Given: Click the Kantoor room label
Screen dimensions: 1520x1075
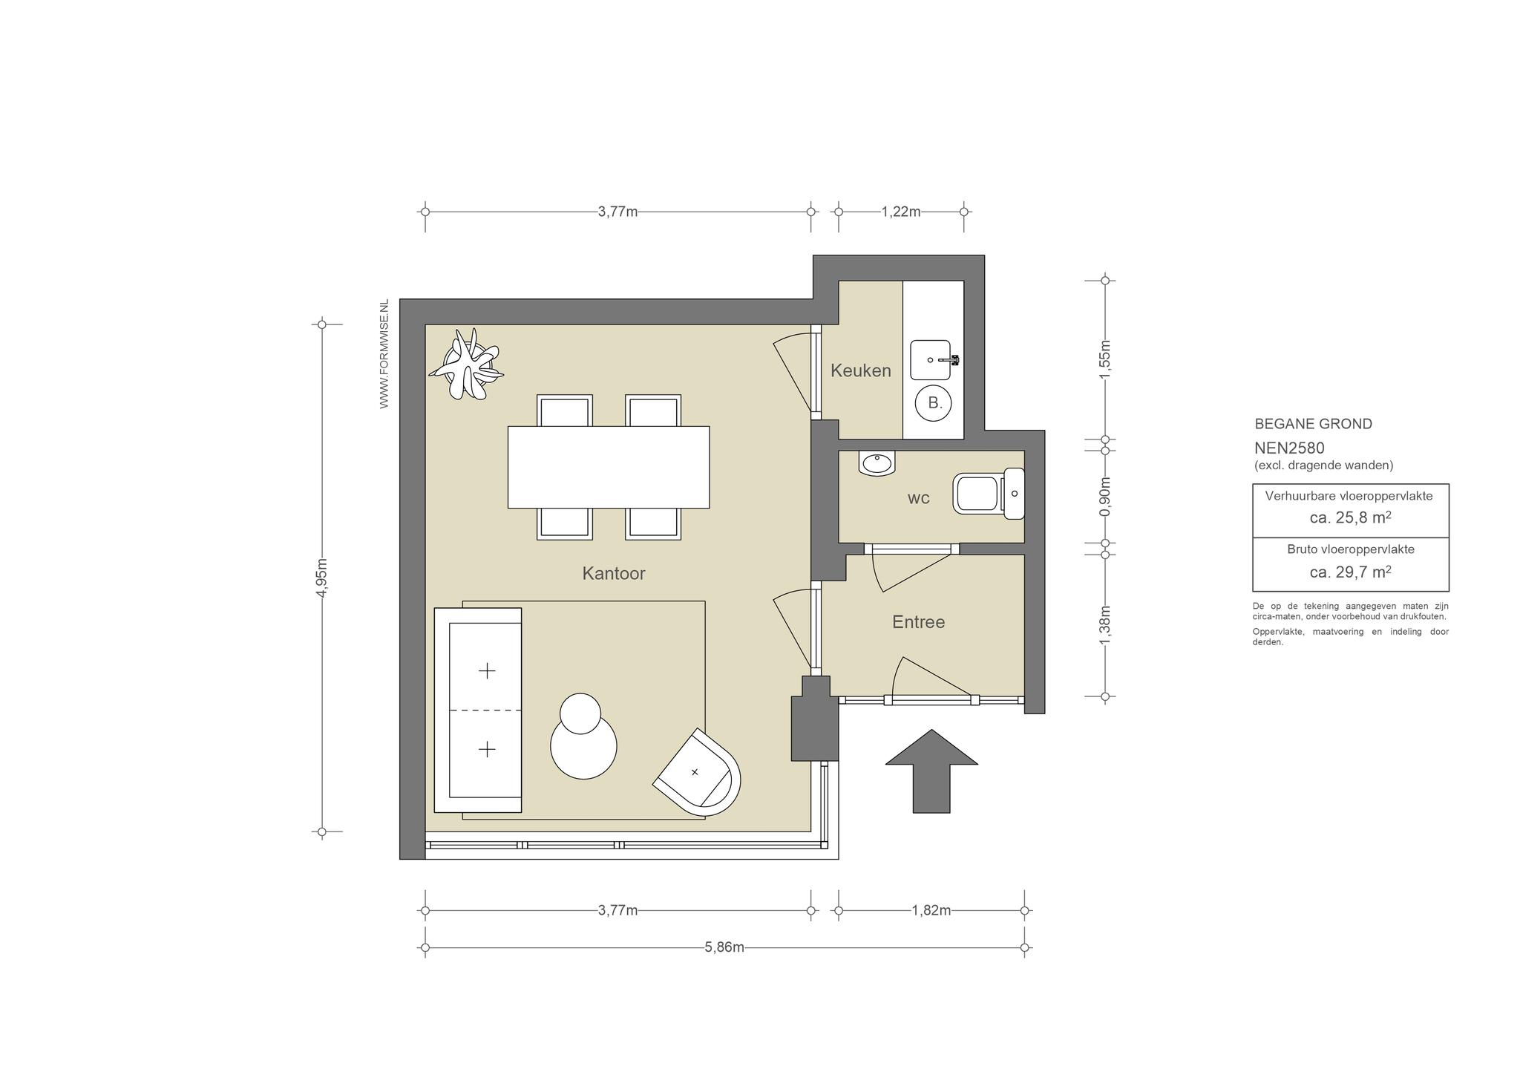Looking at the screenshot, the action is (613, 573).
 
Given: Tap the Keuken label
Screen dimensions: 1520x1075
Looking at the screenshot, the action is (860, 370).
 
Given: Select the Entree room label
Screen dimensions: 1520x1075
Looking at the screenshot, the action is (918, 622).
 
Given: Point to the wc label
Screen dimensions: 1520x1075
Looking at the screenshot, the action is (918, 498).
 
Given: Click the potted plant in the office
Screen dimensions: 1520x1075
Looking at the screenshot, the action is (467, 365).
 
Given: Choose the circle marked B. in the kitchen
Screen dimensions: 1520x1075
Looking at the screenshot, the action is (934, 403).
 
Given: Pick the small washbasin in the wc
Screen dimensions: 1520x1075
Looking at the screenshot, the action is (877, 463).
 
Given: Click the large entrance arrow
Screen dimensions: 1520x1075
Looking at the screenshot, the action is (931, 771).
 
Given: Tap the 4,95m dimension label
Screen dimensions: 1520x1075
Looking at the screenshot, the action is (322, 578).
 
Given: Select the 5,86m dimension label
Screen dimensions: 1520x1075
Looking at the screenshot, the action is (724, 947).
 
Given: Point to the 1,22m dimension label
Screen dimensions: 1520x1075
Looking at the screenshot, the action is (901, 212).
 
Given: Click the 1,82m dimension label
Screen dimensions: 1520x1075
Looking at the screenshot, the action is (931, 910).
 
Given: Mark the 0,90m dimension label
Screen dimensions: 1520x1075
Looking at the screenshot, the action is (1105, 497).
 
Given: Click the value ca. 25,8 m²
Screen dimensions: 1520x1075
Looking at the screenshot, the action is (1350, 517).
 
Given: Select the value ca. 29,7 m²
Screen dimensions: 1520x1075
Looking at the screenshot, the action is (1350, 572).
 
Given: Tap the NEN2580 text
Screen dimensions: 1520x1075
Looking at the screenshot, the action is (1289, 448).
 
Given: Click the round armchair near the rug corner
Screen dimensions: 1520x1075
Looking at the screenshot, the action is (697, 772).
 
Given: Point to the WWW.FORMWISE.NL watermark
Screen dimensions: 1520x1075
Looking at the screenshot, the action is (384, 354).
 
